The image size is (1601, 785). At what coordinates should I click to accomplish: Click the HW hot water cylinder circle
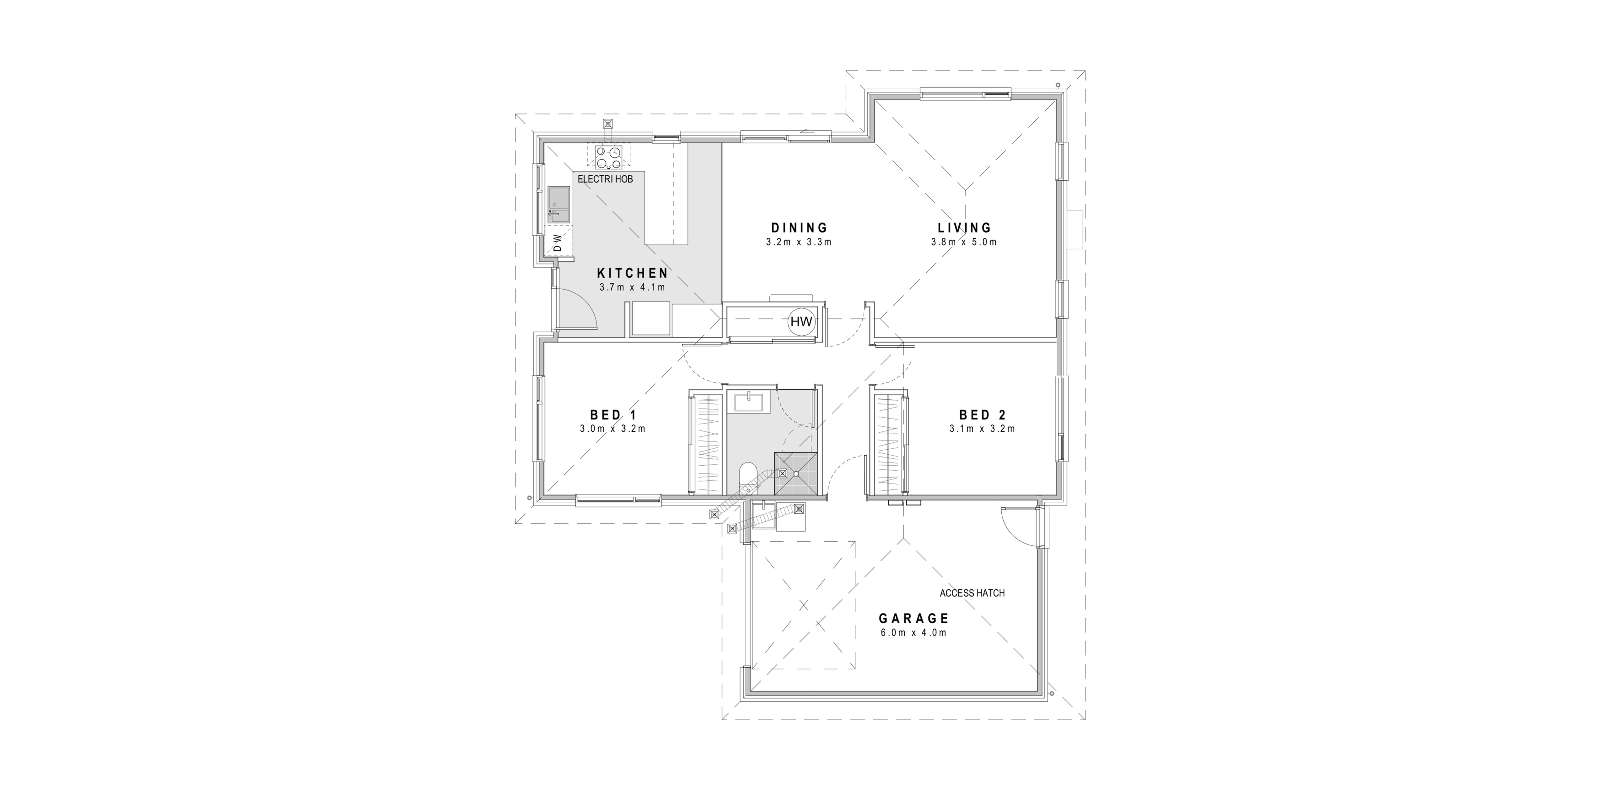[x=801, y=322]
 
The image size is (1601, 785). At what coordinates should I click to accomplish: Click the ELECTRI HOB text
[x=605, y=179]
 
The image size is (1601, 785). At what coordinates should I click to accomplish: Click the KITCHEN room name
[x=633, y=273]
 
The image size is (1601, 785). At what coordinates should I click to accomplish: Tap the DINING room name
[x=799, y=228]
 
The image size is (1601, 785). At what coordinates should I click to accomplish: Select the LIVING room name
[x=965, y=228]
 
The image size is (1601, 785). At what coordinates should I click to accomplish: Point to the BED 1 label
[x=613, y=415]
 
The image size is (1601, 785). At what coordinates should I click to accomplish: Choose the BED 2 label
[x=983, y=415]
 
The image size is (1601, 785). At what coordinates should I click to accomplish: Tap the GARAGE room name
[x=914, y=618]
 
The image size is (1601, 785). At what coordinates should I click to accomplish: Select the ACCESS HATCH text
[x=972, y=593]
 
